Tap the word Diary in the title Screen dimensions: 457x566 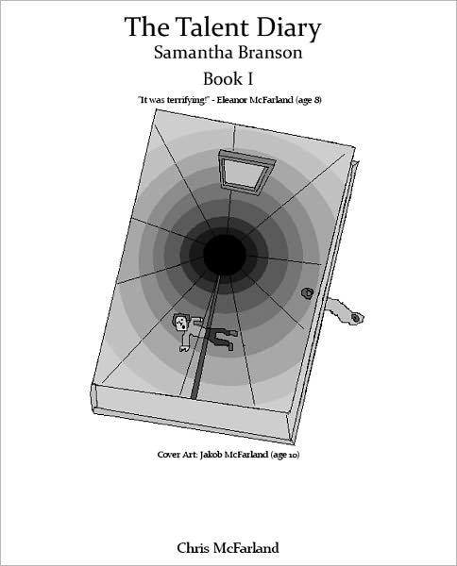(289, 29)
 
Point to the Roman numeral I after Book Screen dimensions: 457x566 (249, 78)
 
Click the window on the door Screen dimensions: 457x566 (246, 170)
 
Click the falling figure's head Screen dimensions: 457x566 (180, 322)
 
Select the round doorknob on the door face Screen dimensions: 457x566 (307, 293)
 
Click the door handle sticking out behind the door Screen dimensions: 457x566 (345, 310)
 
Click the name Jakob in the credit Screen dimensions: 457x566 (212, 454)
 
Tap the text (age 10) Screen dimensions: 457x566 (284, 455)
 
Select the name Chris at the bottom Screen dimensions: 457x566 (194, 547)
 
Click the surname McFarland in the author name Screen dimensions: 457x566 (246, 547)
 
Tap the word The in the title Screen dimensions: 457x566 (146, 27)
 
